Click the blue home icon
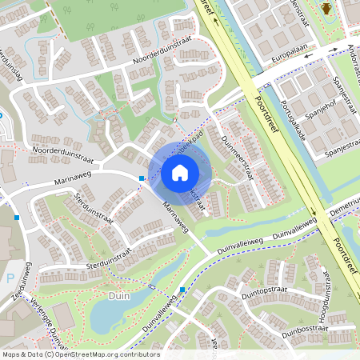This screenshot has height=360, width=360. tap(180, 173)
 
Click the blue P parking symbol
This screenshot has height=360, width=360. tap(9, 278)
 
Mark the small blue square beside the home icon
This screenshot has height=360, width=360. tap(142, 178)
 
